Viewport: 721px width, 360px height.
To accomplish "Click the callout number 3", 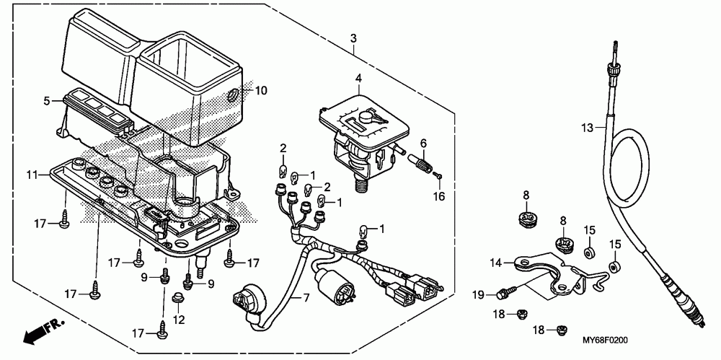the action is (353, 39).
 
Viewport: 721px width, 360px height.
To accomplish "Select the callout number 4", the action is (358, 78).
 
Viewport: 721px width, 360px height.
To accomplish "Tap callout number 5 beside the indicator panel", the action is (47, 101).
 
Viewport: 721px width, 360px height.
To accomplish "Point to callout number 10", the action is (261, 90).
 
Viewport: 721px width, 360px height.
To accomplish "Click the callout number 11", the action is (32, 175).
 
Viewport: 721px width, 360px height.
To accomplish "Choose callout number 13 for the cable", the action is (587, 128).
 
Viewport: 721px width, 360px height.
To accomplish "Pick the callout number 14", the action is (495, 263).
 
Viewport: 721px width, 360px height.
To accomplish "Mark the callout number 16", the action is (439, 196).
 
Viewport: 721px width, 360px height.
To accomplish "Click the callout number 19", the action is (479, 294).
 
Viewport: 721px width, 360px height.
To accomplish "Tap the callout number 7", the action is (306, 298).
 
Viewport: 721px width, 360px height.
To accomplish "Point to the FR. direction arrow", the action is (44, 331).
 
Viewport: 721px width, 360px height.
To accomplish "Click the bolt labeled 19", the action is (506, 291).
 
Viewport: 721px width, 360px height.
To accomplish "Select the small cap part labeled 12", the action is (177, 298).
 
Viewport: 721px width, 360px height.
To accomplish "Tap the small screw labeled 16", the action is (438, 175).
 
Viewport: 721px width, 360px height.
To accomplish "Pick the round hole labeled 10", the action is (234, 95).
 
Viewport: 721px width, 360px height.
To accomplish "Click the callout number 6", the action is (423, 143).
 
